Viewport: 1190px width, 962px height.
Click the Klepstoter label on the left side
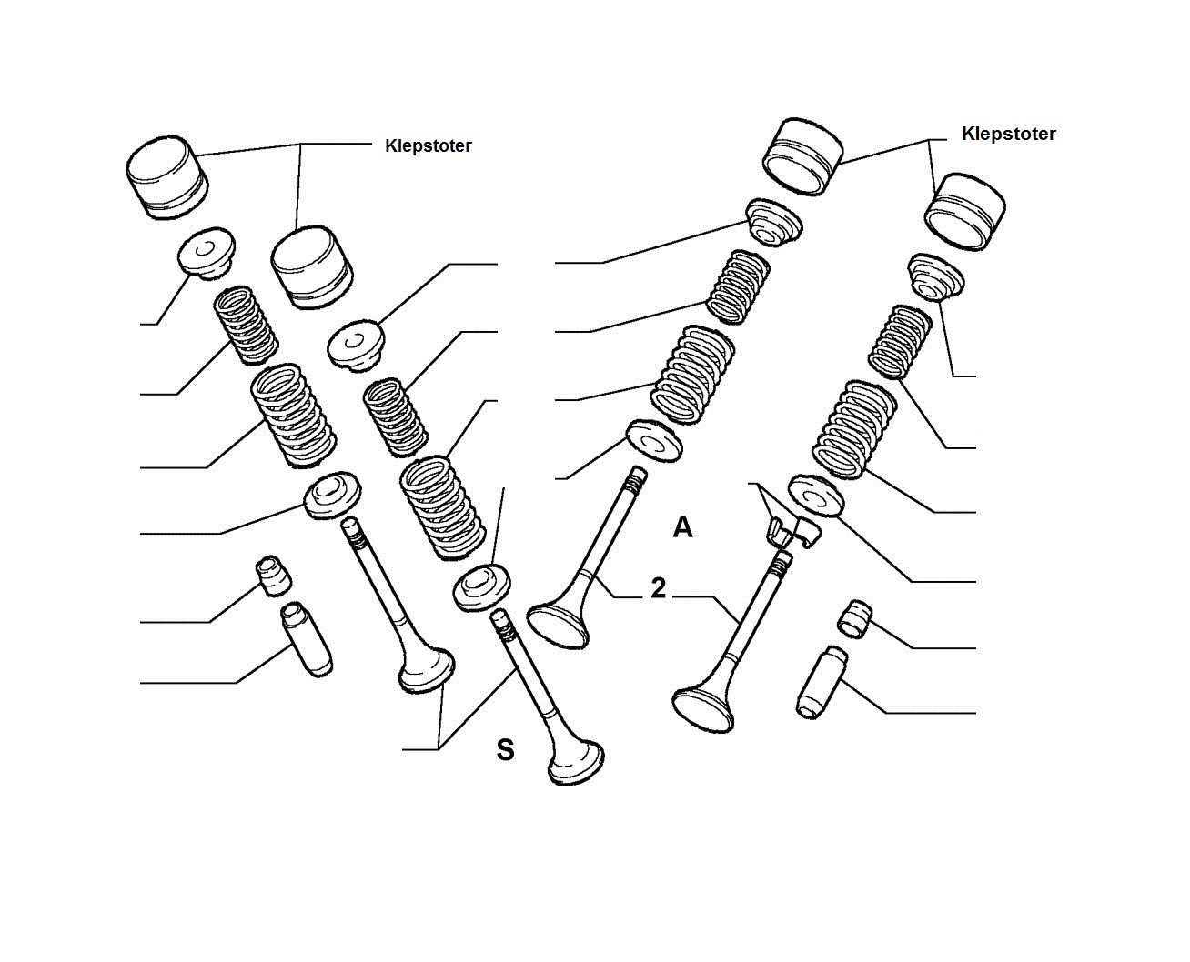[428, 145]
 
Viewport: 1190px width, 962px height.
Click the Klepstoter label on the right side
[1008, 134]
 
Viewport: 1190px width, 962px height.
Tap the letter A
[682, 527]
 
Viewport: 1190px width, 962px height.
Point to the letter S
[505, 750]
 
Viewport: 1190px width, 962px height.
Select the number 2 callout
[659, 588]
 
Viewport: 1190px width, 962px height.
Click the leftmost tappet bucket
[167, 177]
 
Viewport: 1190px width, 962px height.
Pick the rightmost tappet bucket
[964, 212]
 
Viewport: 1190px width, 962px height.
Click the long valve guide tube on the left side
[307, 639]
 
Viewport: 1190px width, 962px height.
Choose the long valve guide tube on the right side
[820, 682]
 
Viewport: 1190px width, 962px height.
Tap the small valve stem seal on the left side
[273, 576]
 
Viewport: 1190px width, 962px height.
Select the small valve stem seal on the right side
[854, 618]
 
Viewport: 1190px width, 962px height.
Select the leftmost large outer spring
[293, 416]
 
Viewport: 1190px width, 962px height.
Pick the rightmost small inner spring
[900, 342]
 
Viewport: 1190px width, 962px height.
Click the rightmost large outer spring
[854, 429]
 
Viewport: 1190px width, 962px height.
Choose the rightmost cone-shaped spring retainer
[936, 277]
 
